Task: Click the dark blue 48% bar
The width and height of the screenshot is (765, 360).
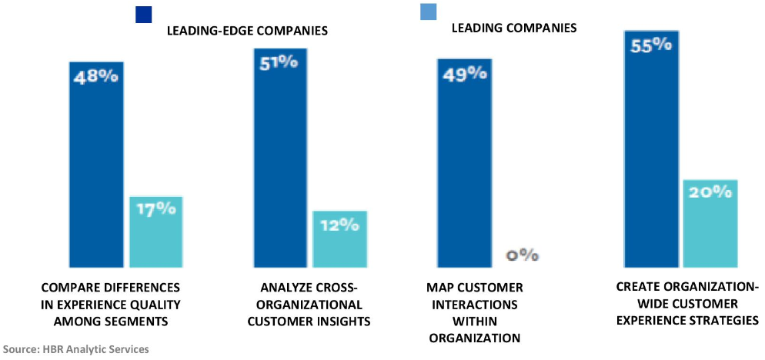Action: (x=96, y=165)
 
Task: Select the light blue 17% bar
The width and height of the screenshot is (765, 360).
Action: (x=155, y=232)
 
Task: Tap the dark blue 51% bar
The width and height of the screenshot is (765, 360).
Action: (x=281, y=158)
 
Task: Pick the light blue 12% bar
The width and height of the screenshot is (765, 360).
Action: (x=339, y=239)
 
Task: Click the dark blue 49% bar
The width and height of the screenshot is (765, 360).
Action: (x=465, y=163)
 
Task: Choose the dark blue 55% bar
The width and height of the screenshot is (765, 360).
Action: (x=651, y=148)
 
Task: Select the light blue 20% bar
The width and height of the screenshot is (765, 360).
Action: (x=710, y=223)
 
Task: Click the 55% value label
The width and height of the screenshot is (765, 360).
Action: (x=651, y=45)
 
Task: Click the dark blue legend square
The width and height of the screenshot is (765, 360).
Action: (x=143, y=15)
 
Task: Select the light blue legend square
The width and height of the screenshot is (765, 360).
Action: (x=428, y=12)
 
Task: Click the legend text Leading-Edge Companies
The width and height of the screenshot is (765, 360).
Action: (x=247, y=31)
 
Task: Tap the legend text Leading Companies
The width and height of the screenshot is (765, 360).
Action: (x=514, y=28)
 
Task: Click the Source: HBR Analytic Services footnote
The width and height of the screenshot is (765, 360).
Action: (x=75, y=349)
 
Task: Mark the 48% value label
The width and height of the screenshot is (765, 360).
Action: (x=96, y=77)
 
